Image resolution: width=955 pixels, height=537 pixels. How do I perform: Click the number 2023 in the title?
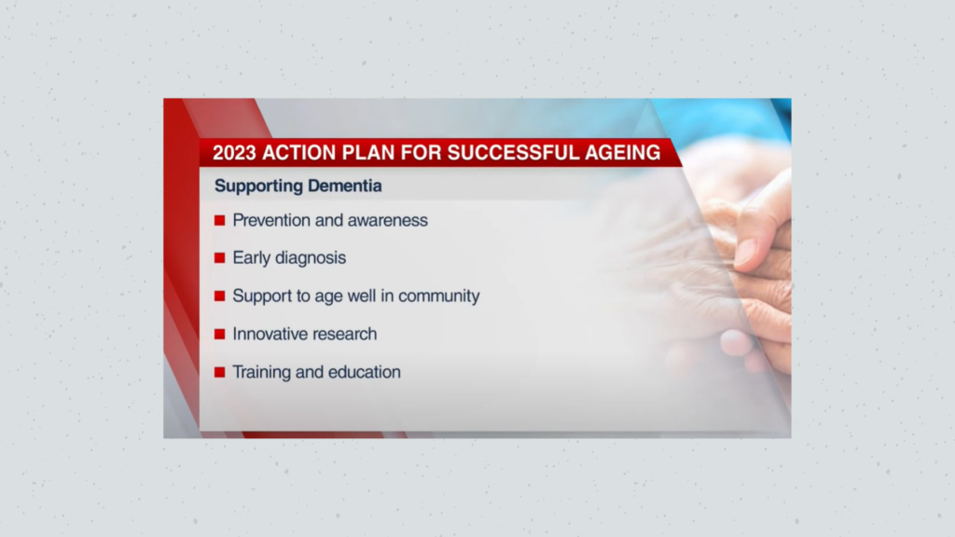click(x=234, y=152)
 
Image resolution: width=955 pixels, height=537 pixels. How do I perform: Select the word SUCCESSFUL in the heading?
click(x=512, y=152)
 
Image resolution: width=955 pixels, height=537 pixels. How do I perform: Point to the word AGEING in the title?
click(x=622, y=152)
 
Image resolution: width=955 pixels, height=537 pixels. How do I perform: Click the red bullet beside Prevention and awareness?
click(x=220, y=220)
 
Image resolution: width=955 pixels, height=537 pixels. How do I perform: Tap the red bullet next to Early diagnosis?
click(x=220, y=258)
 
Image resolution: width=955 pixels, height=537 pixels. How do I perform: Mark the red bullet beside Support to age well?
click(x=220, y=296)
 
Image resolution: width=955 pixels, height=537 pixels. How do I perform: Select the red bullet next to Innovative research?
click(x=220, y=335)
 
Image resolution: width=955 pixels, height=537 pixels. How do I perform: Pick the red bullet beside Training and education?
click(x=220, y=372)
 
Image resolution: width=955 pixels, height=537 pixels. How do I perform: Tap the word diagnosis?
click(x=311, y=258)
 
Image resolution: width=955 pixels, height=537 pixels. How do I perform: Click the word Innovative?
click(x=268, y=334)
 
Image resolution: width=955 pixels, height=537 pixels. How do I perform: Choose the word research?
click(x=343, y=335)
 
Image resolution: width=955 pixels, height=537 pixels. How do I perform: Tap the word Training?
click(x=262, y=372)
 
